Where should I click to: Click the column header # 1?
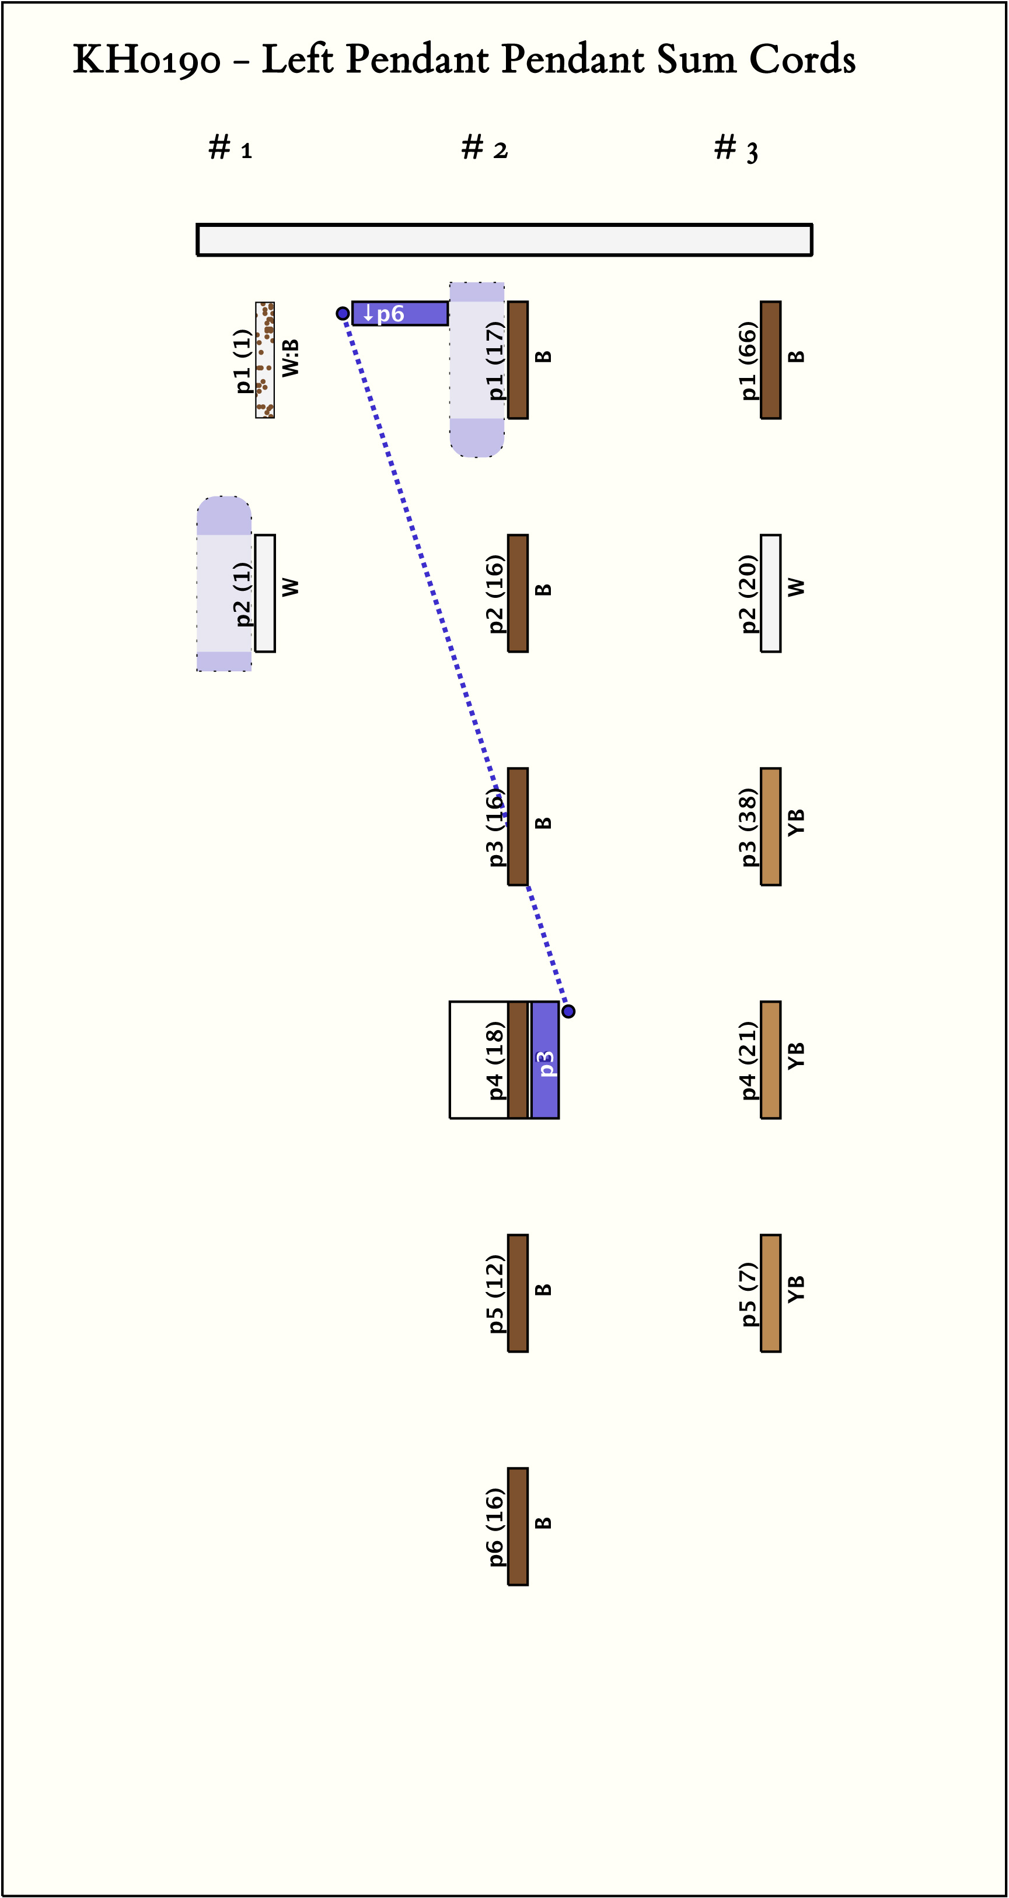230,148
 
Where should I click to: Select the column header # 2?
484,148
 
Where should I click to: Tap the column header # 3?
736,149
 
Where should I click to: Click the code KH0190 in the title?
146,59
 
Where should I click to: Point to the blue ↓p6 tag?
400,313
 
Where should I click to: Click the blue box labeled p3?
544,1059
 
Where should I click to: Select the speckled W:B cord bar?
264,359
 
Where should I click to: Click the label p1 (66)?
748,360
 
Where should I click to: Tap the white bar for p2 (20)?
770,593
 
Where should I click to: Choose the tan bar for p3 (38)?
770,826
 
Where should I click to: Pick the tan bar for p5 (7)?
770,1293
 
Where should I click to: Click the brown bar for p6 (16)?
518,1526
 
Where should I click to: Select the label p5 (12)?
495,1293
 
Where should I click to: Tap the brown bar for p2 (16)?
518,593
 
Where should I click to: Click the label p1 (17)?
495,360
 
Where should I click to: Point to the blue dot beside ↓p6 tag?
343,313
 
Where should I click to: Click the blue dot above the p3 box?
568,1011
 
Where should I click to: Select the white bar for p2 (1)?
264,593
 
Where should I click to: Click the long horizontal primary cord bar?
504,240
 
